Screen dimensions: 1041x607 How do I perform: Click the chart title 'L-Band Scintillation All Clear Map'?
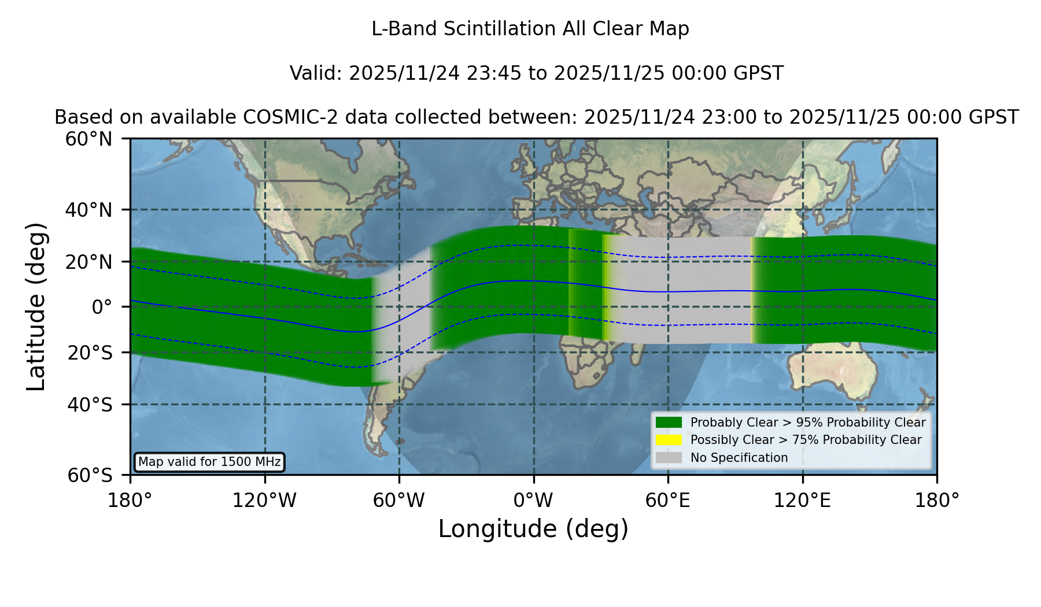(x=530, y=29)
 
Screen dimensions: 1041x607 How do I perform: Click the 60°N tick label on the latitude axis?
(x=88, y=139)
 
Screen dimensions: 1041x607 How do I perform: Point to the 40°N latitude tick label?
(x=88, y=210)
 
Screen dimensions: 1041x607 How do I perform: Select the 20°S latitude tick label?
(x=90, y=353)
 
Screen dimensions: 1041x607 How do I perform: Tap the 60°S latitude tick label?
(x=90, y=475)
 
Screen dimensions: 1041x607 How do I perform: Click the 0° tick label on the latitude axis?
(x=102, y=307)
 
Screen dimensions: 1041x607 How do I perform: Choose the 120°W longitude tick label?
(x=264, y=500)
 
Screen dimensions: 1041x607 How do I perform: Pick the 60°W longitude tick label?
(x=399, y=500)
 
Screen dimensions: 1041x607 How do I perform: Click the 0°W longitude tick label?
(x=533, y=500)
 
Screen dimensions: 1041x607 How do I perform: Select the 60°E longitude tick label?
(x=668, y=500)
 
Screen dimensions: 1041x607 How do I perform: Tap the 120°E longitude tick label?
(x=803, y=500)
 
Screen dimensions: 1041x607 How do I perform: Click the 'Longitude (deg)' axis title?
(x=533, y=529)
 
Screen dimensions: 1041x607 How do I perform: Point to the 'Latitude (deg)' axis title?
(x=36, y=306)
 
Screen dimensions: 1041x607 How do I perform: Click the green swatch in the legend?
(x=669, y=422)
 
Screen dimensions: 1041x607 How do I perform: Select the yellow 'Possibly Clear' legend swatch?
(x=669, y=440)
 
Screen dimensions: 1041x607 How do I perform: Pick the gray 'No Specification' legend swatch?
(x=669, y=457)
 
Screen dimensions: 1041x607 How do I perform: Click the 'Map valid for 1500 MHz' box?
(x=209, y=462)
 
